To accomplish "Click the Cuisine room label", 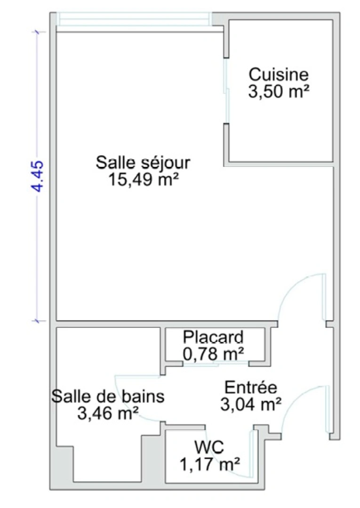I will point(279,74).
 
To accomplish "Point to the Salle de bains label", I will point(108,396).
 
